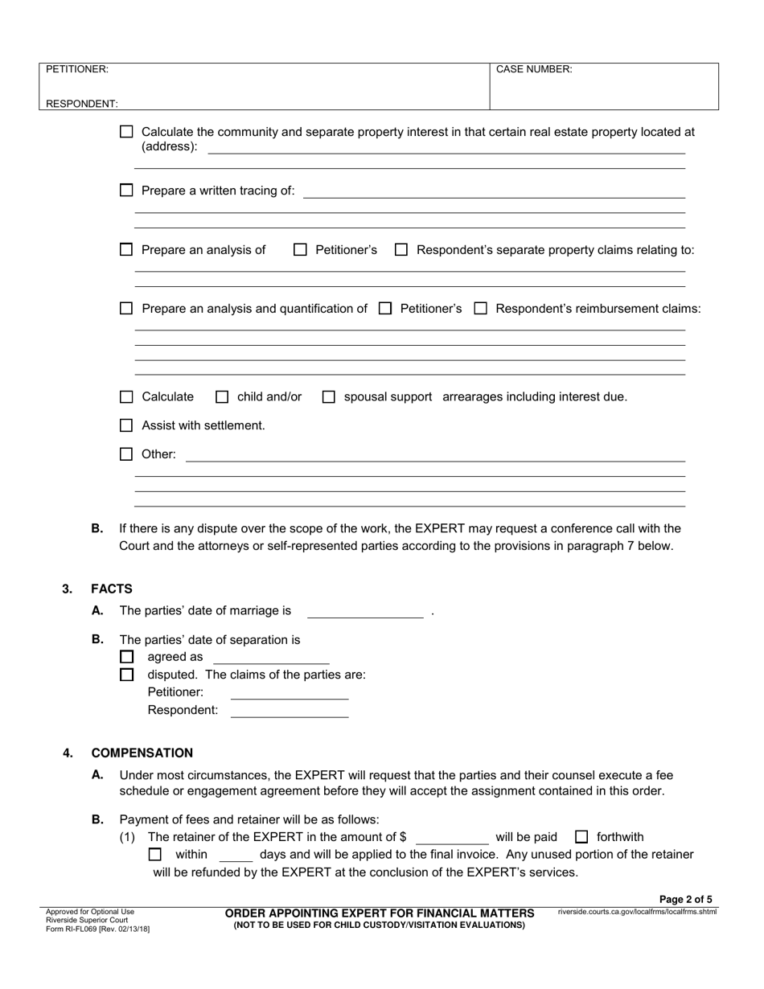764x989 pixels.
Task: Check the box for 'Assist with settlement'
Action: (125, 425)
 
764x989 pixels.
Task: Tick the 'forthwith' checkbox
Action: (582, 837)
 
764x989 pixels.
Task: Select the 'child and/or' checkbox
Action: (223, 396)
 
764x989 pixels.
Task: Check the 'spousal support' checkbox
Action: (329, 396)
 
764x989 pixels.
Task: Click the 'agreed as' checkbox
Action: (125, 657)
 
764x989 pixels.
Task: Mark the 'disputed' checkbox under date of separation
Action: (125, 675)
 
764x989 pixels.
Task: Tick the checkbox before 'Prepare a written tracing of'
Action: (125, 191)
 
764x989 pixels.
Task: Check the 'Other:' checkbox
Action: (125, 454)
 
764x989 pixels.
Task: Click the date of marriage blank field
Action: (365, 612)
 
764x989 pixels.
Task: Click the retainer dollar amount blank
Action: (451, 838)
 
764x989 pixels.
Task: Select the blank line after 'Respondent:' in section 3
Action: (289, 711)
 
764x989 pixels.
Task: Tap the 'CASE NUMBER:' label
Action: (534, 69)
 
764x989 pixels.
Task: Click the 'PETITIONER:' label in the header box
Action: (77, 69)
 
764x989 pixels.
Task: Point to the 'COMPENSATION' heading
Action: (142, 753)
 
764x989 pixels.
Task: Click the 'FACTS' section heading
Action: (112, 589)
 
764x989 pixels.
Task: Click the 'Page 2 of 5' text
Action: (685, 900)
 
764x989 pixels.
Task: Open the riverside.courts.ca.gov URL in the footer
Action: (636, 912)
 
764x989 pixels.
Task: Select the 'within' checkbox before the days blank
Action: (155, 855)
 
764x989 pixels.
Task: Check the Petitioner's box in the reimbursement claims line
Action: (385, 308)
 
